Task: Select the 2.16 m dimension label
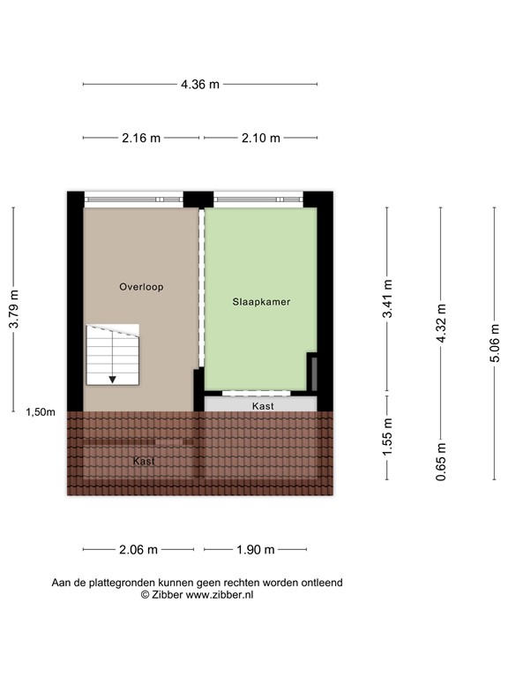coord(141,138)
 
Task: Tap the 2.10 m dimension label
coord(261,138)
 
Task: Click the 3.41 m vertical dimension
coord(387,298)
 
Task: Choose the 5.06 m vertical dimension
coord(495,343)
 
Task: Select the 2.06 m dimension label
coord(138,549)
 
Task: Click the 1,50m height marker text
coord(41,412)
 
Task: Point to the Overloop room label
coord(142,287)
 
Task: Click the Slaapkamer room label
coord(261,302)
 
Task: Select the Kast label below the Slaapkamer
coord(262,406)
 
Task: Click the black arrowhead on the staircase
coord(113,379)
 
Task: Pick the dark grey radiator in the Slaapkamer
coord(312,372)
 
